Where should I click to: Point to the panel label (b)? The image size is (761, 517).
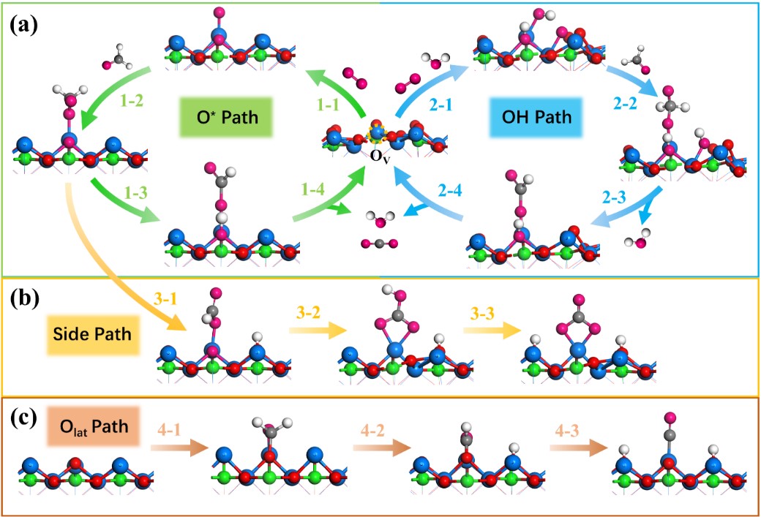(x=24, y=299)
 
